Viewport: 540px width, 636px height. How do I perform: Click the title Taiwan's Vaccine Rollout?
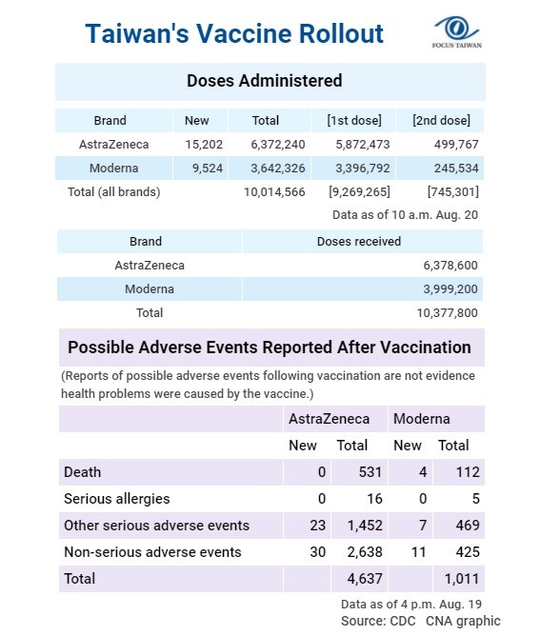click(x=234, y=33)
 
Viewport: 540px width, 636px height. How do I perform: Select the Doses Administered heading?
click(x=265, y=81)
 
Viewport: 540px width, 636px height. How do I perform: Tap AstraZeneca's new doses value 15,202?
click(x=204, y=145)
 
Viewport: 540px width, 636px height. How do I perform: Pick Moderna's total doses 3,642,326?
click(x=278, y=168)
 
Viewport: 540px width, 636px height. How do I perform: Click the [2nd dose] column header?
click(x=441, y=121)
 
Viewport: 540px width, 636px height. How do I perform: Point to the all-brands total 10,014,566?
click(x=274, y=192)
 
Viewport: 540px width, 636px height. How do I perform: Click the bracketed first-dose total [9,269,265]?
click(x=359, y=192)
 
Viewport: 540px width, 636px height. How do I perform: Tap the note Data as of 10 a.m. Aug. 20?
click(x=406, y=215)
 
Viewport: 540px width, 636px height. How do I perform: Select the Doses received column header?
click(x=359, y=241)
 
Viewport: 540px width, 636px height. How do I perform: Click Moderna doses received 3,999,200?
click(x=450, y=289)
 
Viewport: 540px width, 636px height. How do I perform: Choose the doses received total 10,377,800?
click(x=447, y=313)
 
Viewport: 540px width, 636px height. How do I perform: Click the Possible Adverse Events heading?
click(x=270, y=348)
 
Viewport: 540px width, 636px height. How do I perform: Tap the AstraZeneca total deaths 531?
click(x=370, y=472)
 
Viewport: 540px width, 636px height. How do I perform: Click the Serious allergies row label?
click(x=117, y=499)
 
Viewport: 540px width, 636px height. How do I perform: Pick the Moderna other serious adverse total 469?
click(x=468, y=526)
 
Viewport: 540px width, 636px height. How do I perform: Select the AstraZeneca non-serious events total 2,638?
click(x=365, y=552)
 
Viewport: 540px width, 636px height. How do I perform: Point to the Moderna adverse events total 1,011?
click(x=462, y=579)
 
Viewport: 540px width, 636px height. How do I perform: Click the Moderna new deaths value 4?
click(x=423, y=472)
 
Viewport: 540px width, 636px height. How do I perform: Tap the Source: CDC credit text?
click(x=378, y=621)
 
